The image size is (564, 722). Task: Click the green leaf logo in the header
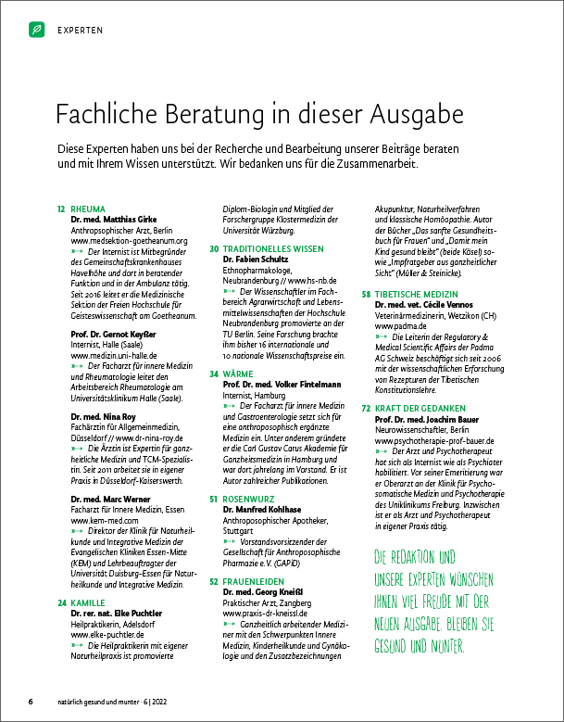pos(36,30)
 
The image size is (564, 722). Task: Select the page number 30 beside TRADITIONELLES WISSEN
pos(214,249)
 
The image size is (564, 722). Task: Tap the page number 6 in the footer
pos(31,702)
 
